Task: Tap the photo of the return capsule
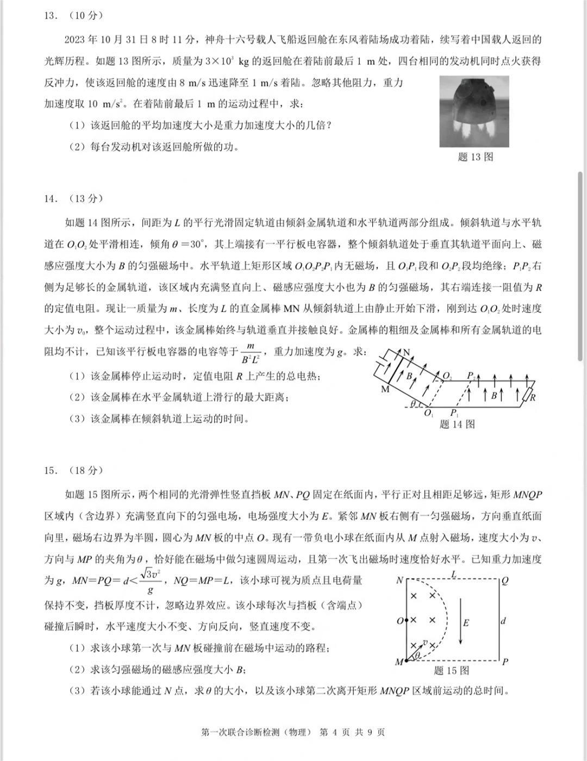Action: click(x=474, y=111)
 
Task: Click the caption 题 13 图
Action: click(x=476, y=157)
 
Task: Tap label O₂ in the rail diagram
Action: click(x=447, y=376)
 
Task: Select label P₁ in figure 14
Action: click(x=454, y=414)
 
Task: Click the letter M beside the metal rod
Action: click(x=385, y=390)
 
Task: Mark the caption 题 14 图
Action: click(x=457, y=425)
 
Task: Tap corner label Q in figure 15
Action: click(x=505, y=581)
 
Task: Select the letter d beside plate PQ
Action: click(x=503, y=620)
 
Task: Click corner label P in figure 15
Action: click(x=505, y=662)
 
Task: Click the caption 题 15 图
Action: click(x=452, y=670)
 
